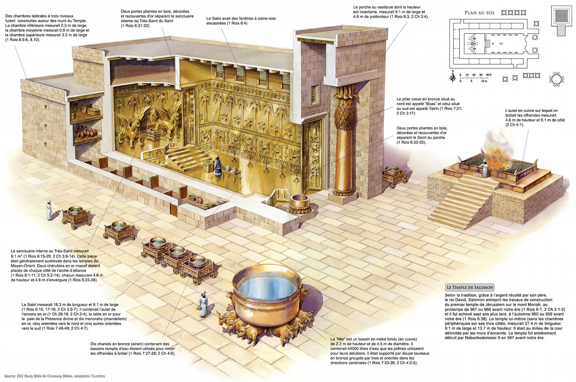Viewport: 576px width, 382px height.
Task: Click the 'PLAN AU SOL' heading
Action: point(480,13)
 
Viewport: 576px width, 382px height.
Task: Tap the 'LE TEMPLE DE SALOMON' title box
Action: point(470,287)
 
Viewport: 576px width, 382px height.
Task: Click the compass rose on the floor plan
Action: point(453,77)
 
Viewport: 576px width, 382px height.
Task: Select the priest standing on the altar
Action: point(484,168)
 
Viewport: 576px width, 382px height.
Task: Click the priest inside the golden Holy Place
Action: point(217,165)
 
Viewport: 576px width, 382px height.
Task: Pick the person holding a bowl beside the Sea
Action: point(203,304)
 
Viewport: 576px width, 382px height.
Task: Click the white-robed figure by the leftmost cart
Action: point(49,210)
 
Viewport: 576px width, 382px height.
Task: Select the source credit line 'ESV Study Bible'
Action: point(54,376)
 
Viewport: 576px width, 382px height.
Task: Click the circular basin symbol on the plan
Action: point(556,80)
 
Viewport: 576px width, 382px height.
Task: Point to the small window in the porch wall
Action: point(314,94)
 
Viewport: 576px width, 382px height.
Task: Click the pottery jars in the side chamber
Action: point(86,131)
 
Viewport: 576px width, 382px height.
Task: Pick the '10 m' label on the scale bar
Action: point(484,81)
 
